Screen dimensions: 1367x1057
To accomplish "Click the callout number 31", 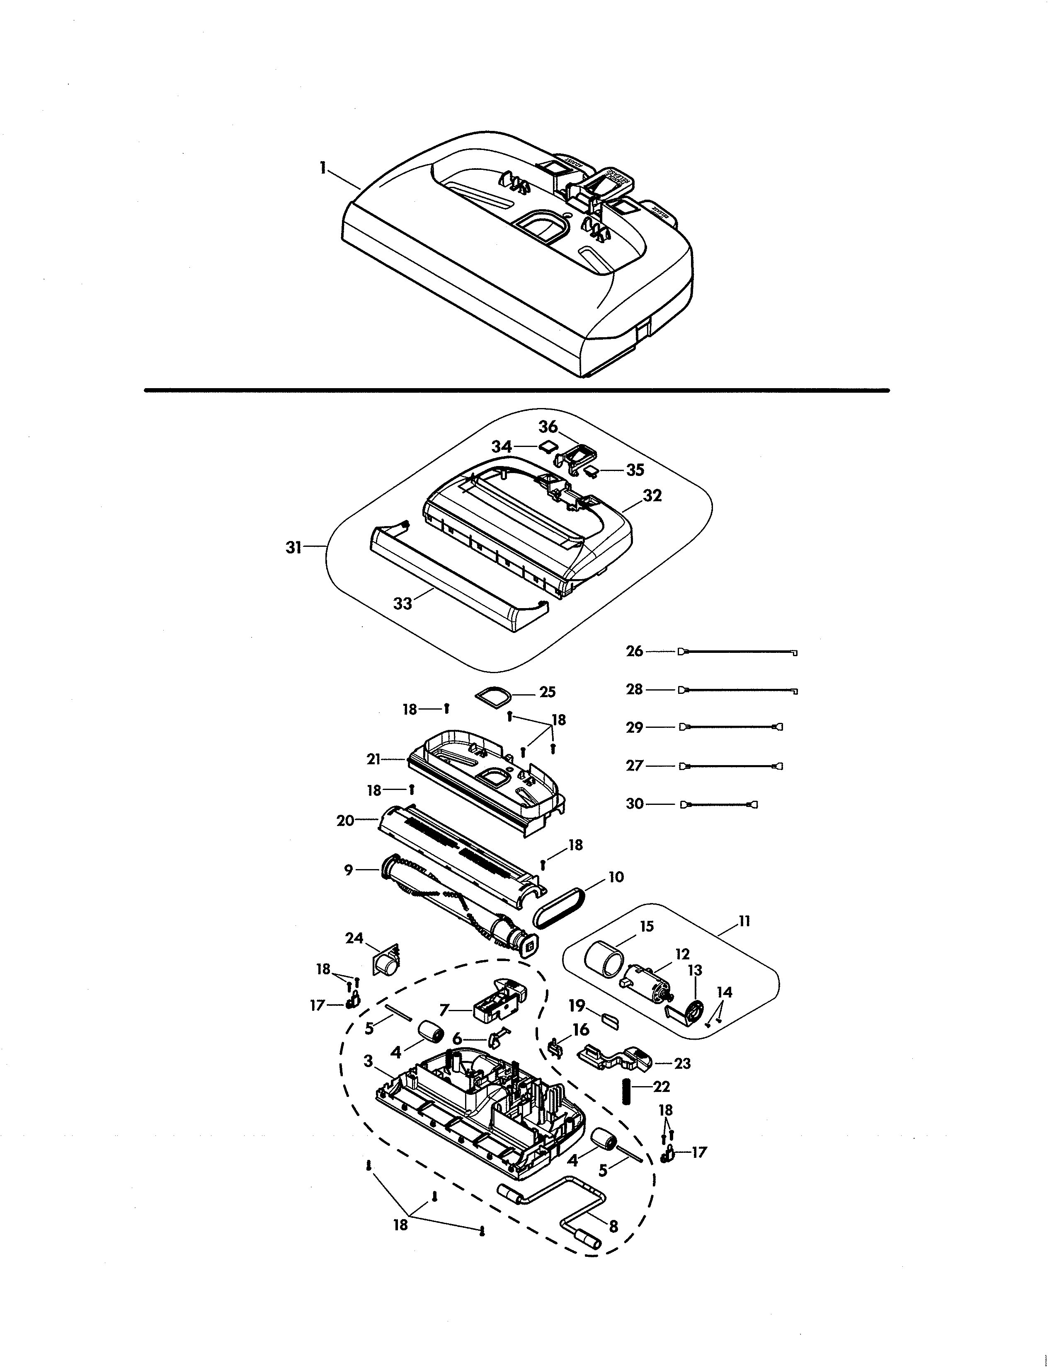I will pyautogui.click(x=294, y=548).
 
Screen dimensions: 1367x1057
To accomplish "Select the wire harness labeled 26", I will pyautogui.click(x=739, y=652).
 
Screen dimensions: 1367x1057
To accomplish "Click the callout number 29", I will pyautogui.click(x=634, y=727).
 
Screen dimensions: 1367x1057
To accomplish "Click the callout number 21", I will pyautogui.click(x=374, y=760).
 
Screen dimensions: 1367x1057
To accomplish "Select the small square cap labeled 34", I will pyautogui.click(x=548, y=446).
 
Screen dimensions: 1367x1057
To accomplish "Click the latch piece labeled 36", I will pyautogui.click(x=576, y=456).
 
